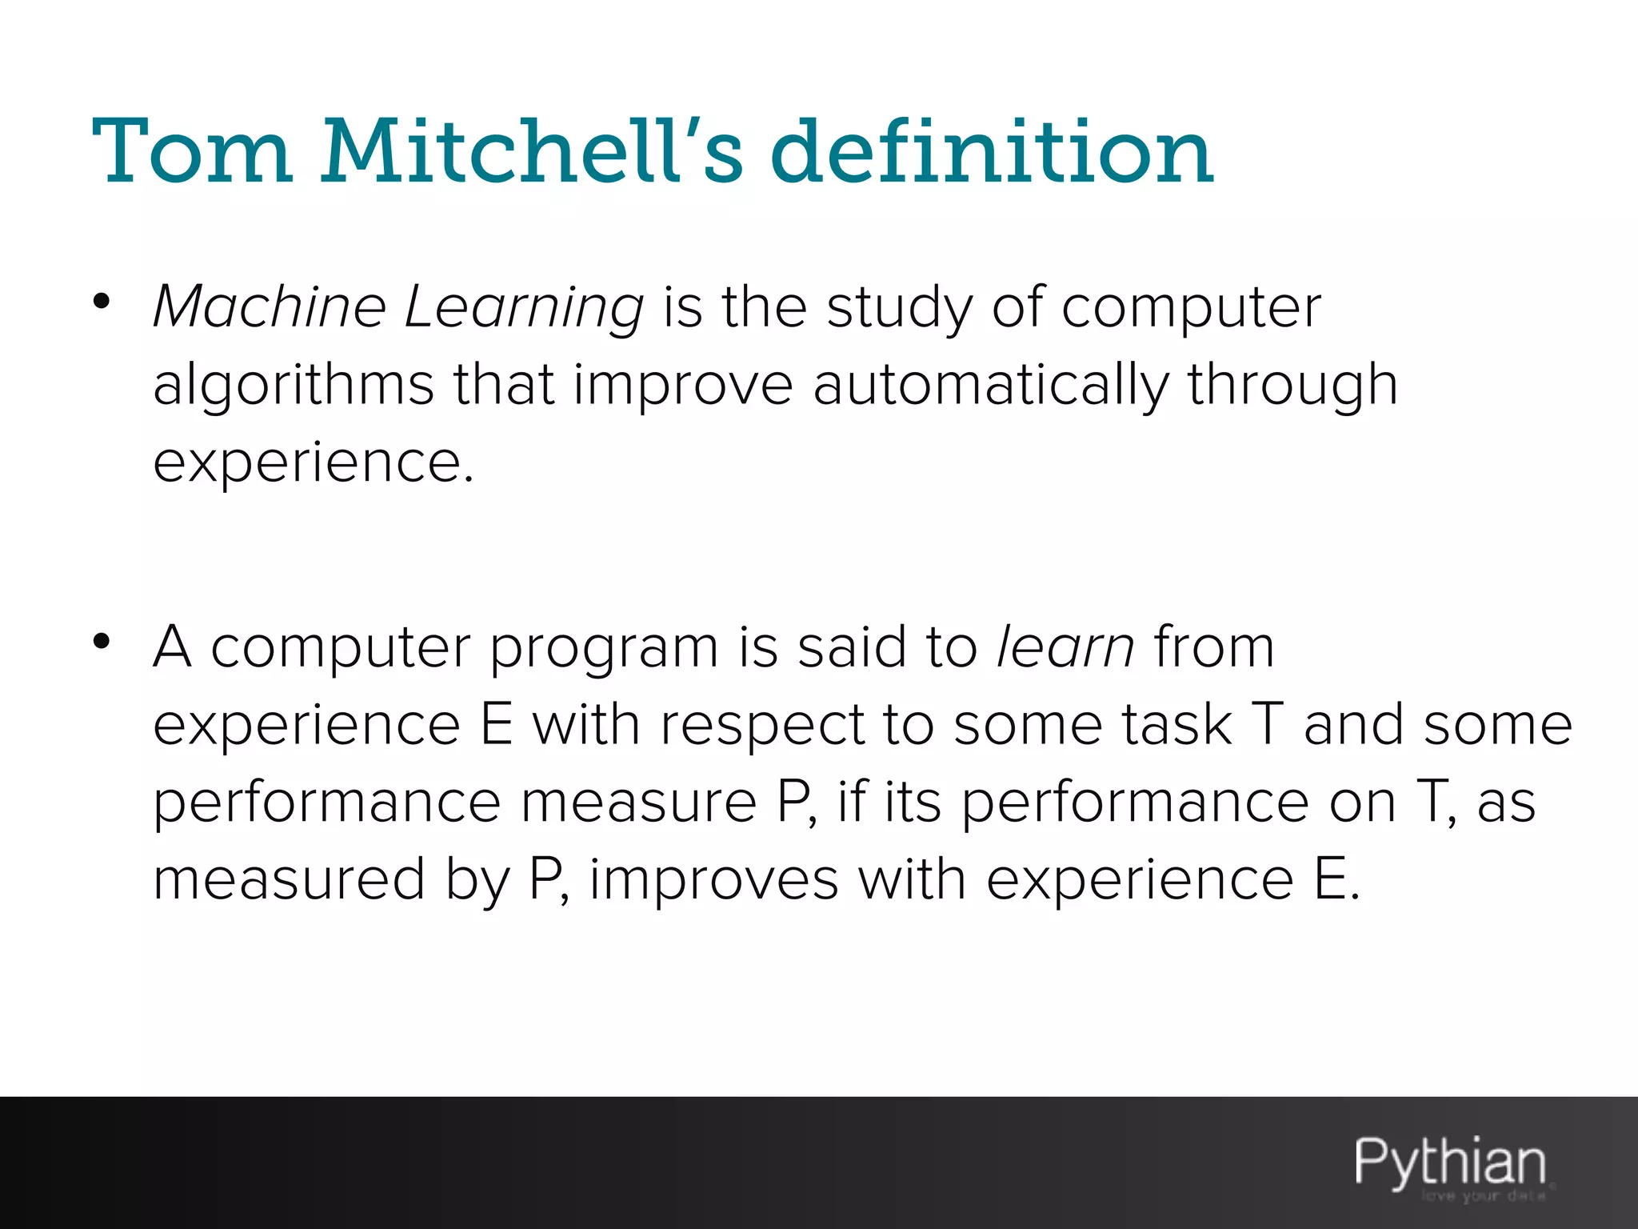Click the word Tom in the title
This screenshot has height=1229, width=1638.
click(192, 152)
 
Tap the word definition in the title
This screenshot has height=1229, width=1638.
click(992, 152)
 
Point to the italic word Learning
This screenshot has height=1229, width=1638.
click(524, 309)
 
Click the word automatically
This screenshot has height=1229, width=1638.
click(991, 386)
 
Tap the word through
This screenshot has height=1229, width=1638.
click(1292, 386)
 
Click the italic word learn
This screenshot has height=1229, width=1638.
click(1065, 647)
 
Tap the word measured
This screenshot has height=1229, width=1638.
click(289, 879)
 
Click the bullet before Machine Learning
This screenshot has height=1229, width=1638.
click(101, 301)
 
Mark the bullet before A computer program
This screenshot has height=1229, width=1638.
click(101, 641)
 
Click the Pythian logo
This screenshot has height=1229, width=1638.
click(1449, 1162)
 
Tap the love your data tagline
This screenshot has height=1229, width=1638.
click(1483, 1197)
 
